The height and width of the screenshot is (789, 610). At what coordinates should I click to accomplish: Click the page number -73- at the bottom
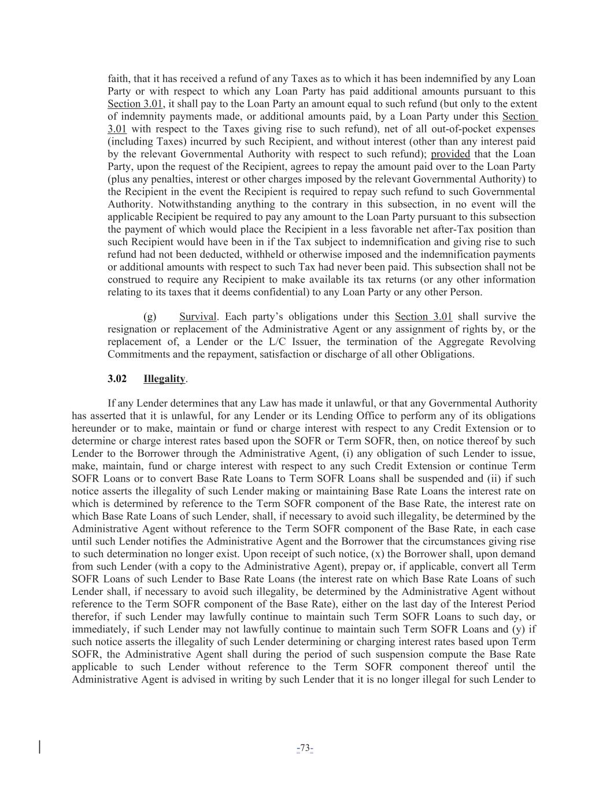click(305, 749)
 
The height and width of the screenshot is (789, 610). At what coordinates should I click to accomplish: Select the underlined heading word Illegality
click(164, 379)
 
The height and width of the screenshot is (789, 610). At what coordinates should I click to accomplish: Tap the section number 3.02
click(117, 379)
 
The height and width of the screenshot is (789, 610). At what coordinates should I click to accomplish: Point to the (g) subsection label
click(150, 316)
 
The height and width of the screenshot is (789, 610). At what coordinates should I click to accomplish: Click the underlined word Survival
click(198, 316)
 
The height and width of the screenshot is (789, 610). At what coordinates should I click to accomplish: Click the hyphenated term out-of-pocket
click(417, 129)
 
